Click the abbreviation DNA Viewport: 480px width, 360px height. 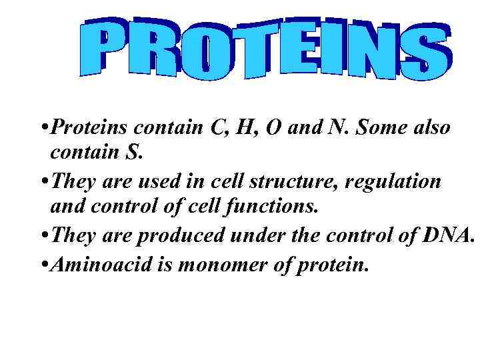445,235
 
